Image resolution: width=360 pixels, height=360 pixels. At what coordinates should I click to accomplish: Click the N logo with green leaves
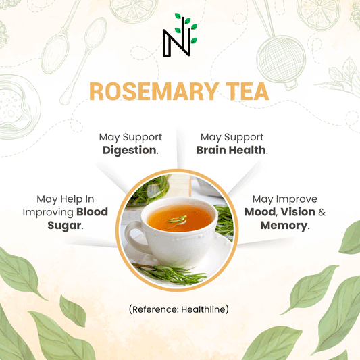pyautogui.click(x=180, y=34)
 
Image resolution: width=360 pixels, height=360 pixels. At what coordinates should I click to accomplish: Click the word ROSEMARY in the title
pyautogui.click(x=154, y=91)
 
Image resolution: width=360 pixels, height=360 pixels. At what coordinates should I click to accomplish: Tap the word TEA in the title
pyautogui.click(x=247, y=91)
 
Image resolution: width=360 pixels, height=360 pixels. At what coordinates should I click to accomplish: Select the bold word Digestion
pyautogui.click(x=130, y=150)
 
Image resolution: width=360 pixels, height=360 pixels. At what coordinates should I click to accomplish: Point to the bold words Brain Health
pyautogui.click(x=231, y=150)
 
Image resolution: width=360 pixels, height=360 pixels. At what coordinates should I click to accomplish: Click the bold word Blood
pyautogui.click(x=92, y=211)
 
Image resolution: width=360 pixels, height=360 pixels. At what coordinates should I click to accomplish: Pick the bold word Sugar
pyautogui.click(x=64, y=226)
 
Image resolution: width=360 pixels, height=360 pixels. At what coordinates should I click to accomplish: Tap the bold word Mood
pyautogui.click(x=259, y=211)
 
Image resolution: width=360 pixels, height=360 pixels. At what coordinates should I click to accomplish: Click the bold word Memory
pyautogui.click(x=284, y=226)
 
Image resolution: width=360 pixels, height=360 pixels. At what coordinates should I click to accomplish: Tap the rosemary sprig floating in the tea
pyautogui.click(x=177, y=222)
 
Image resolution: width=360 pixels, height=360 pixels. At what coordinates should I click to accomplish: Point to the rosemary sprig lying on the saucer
pyautogui.click(x=171, y=274)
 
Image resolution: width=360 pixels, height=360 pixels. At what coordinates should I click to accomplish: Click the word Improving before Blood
pyautogui.click(x=48, y=213)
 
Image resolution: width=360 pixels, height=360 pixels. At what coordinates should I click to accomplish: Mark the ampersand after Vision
pyautogui.click(x=322, y=212)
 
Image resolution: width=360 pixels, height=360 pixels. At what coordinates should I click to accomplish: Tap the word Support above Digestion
pyautogui.click(x=143, y=138)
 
